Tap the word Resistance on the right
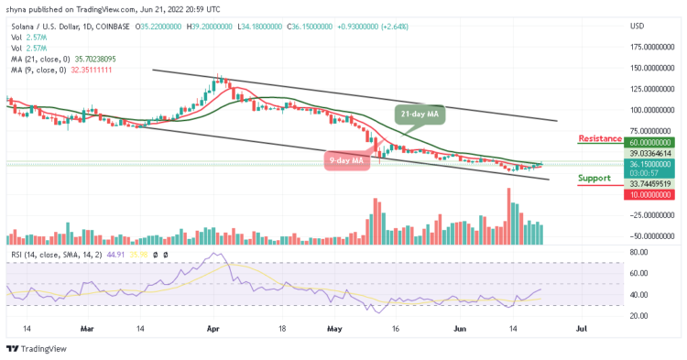[600, 138]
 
